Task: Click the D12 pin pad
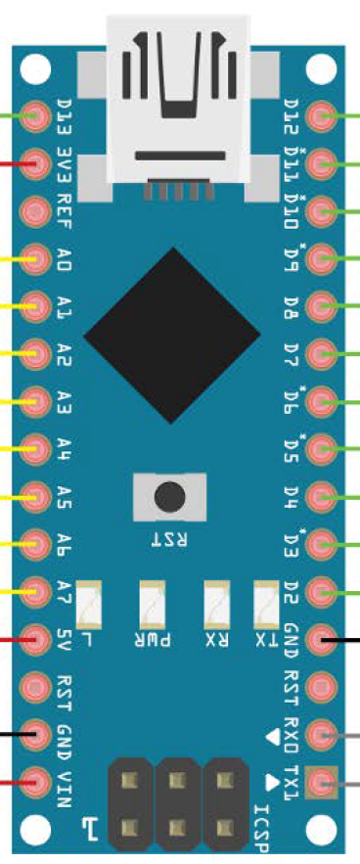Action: coord(322,116)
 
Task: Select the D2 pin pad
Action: coord(322,591)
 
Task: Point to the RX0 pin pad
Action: coord(322,734)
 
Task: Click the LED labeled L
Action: coord(89,605)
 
